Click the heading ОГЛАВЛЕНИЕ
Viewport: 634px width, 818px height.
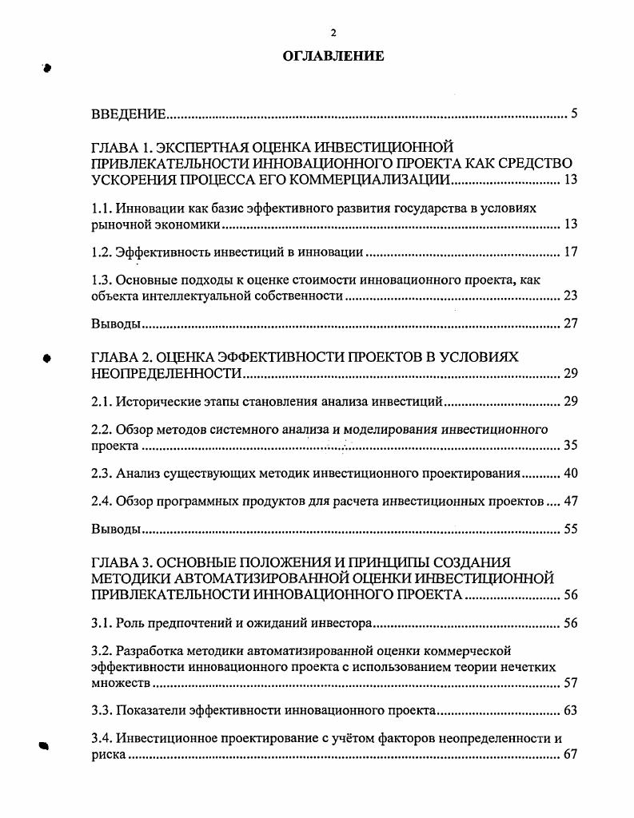coord(333,56)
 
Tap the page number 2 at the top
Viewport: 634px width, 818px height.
coord(333,32)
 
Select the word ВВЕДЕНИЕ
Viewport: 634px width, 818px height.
coord(129,114)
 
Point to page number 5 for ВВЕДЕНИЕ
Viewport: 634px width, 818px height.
coord(574,114)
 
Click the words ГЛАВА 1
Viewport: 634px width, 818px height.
coord(120,146)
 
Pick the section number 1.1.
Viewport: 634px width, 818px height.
coord(102,208)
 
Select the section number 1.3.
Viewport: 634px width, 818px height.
coord(102,280)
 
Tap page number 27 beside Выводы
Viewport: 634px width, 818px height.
coord(570,324)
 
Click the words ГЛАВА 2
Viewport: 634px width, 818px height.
coord(120,357)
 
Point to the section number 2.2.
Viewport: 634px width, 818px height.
coord(102,429)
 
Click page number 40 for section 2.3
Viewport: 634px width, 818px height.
coord(570,473)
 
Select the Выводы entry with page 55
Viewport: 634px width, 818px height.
coord(116,529)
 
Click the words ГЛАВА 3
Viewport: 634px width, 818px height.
coord(120,562)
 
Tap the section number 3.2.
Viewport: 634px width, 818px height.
coord(102,650)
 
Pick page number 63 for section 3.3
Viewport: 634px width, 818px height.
coord(570,709)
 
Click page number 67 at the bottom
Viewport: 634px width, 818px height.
coord(570,754)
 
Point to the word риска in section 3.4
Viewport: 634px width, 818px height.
coord(109,754)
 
